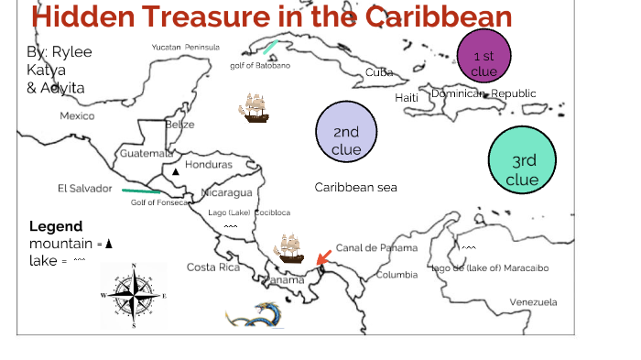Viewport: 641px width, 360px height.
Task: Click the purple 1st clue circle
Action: tap(483, 57)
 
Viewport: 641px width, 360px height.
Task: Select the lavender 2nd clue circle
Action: tap(346, 132)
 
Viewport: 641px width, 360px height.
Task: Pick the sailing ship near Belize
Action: tap(254, 109)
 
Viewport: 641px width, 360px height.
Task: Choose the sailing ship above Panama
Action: tap(291, 248)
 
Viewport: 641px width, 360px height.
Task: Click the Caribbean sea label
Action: tap(355, 187)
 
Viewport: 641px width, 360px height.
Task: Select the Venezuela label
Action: tap(533, 302)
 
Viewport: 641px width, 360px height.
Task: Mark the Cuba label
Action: tap(379, 72)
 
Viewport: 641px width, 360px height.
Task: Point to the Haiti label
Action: tap(407, 98)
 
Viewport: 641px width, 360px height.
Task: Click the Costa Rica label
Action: tap(212, 267)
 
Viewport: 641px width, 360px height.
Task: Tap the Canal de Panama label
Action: tap(375, 248)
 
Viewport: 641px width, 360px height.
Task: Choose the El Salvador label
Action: tap(84, 189)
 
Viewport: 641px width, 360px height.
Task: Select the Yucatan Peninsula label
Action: tap(186, 47)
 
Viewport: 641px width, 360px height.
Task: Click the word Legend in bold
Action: tap(55, 226)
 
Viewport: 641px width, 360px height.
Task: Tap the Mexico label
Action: tap(77, 116)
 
